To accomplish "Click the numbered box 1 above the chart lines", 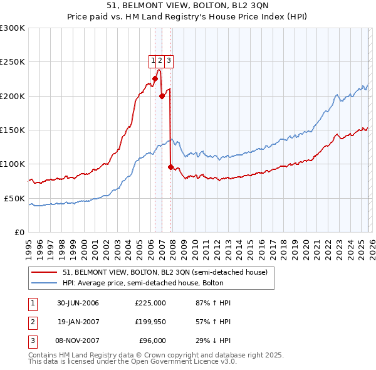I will [x=152, y=61].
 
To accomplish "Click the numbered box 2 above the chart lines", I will [x=160, y=61].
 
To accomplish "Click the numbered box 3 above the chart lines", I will [x=169, y=61].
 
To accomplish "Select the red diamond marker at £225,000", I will [x=155, y=78].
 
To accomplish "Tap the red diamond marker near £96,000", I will [x=170, y=167].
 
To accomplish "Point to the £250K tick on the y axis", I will [x=13, y=62].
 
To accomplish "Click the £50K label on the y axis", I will [x=14, y=198].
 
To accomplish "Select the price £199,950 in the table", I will [x=150, y=322].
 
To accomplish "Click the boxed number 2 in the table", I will [x=32, y=322].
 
